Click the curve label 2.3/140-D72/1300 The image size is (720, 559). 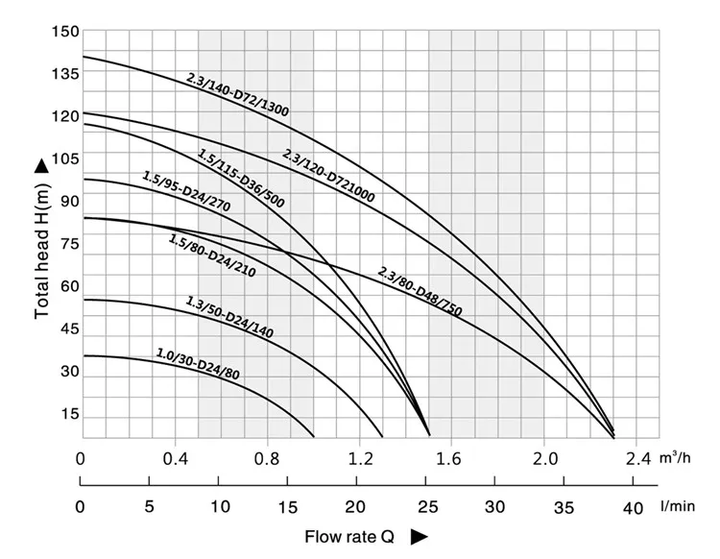click(237, 94)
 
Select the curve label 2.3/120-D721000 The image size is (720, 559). click(328, 176)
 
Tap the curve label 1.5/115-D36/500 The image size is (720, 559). click(241, 178)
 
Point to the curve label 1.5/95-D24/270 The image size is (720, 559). click(186, 191)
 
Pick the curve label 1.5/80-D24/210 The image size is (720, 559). click(212, 255)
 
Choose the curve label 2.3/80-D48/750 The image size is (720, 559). click(420, 292)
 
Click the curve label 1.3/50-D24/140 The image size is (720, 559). click(229, 317)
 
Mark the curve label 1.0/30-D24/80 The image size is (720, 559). click(198, 364)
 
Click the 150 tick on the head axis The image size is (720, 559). click(65, 32)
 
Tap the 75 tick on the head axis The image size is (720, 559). click(70, 244)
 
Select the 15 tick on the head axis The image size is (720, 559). click(70, 414)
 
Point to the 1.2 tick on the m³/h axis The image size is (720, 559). click(360, 458)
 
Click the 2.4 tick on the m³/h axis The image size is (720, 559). click(638, 458)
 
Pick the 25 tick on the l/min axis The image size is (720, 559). click(427, 507)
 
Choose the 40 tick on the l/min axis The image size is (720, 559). click(633, 508)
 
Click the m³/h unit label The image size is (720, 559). click(675, 457)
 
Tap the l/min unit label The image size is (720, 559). click(678, 506)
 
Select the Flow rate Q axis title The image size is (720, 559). click(349, 537)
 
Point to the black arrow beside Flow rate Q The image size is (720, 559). click(420, 537)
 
